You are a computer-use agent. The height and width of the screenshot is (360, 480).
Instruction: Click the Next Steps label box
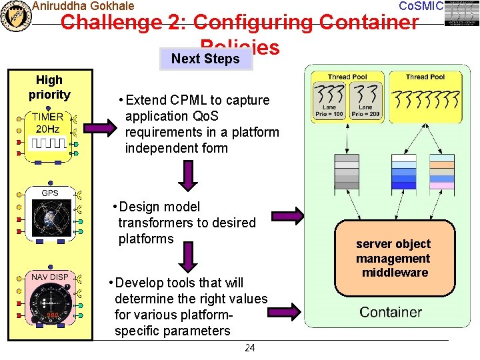pos(205,59)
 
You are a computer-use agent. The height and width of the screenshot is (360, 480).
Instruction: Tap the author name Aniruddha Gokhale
pos(83,6)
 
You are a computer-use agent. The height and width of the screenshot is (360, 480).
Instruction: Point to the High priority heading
pos(49,87)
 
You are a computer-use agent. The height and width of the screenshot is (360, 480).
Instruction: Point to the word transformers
pos(155,223)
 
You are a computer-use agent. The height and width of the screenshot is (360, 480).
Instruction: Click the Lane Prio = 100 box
pos(329,110)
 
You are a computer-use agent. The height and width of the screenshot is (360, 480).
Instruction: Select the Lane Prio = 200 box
pos(365,110)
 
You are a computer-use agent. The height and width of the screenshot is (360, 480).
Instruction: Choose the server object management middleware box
pos(393,258)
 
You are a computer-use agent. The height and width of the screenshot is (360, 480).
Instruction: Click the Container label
pos(391,312)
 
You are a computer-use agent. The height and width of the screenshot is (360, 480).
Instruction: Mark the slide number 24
pos(249,347)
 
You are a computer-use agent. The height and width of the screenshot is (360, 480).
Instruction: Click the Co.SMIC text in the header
pos(421,6)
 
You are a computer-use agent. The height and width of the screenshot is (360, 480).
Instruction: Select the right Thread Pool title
pos(425,77)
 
